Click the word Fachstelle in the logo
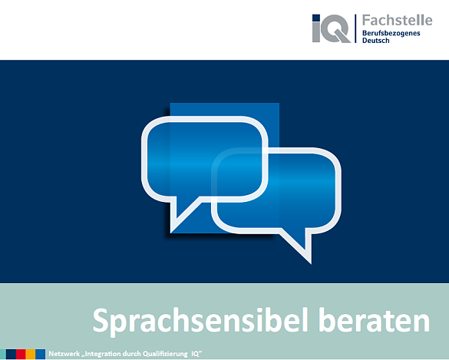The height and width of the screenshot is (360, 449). (397, 20)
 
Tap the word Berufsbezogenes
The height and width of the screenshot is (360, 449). (391, 34)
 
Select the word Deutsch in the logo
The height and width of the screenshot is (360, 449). (375, 41)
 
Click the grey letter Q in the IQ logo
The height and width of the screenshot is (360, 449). (337, 28)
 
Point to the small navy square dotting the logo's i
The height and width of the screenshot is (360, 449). (316, 18)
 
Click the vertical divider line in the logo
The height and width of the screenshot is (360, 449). (355, 28)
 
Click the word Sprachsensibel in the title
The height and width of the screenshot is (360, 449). (200, 321)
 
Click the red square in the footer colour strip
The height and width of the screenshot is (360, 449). (21, 354)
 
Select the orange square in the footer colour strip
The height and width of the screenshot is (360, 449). (31, 354)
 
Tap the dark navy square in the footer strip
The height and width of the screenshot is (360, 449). (12, 354)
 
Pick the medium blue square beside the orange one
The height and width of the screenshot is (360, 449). (41, 354)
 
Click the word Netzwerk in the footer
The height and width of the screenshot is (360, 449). (64, 354)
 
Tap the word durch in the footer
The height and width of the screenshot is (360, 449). (134, 354)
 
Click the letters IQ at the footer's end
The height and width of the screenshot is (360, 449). (196, 354)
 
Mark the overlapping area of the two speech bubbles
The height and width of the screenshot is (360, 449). (239, 175)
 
